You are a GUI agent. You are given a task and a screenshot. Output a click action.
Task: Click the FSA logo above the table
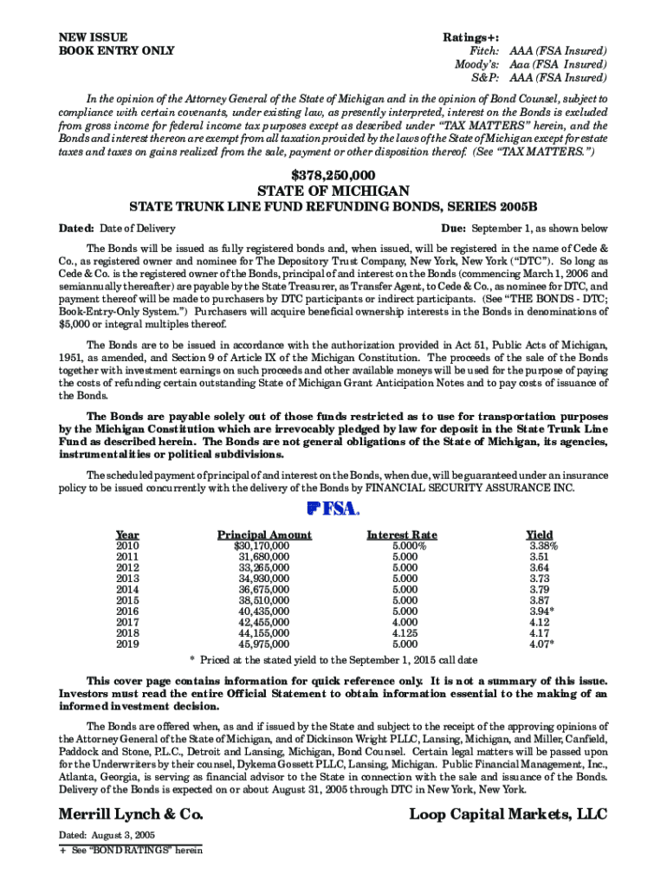333,509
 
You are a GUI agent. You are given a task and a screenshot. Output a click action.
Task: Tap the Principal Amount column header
264,534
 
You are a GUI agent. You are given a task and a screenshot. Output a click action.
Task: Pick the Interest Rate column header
402,534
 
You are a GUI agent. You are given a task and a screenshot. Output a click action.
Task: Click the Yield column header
540,534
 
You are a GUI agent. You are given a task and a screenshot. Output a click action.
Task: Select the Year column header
127,534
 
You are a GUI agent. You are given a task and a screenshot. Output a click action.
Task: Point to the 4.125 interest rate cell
405,633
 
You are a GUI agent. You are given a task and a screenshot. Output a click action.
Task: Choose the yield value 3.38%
543,547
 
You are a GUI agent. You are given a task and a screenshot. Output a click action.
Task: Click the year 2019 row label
127,644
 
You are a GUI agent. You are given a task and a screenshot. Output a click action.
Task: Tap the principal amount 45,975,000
264,644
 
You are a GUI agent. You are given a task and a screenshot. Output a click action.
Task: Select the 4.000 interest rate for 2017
405,622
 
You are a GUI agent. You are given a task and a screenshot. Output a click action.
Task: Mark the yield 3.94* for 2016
541,611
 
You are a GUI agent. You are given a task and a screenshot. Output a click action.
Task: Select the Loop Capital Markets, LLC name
508,814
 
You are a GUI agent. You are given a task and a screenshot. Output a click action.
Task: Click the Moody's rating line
530,65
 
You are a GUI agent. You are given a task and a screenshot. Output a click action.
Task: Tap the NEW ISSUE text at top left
93,37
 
